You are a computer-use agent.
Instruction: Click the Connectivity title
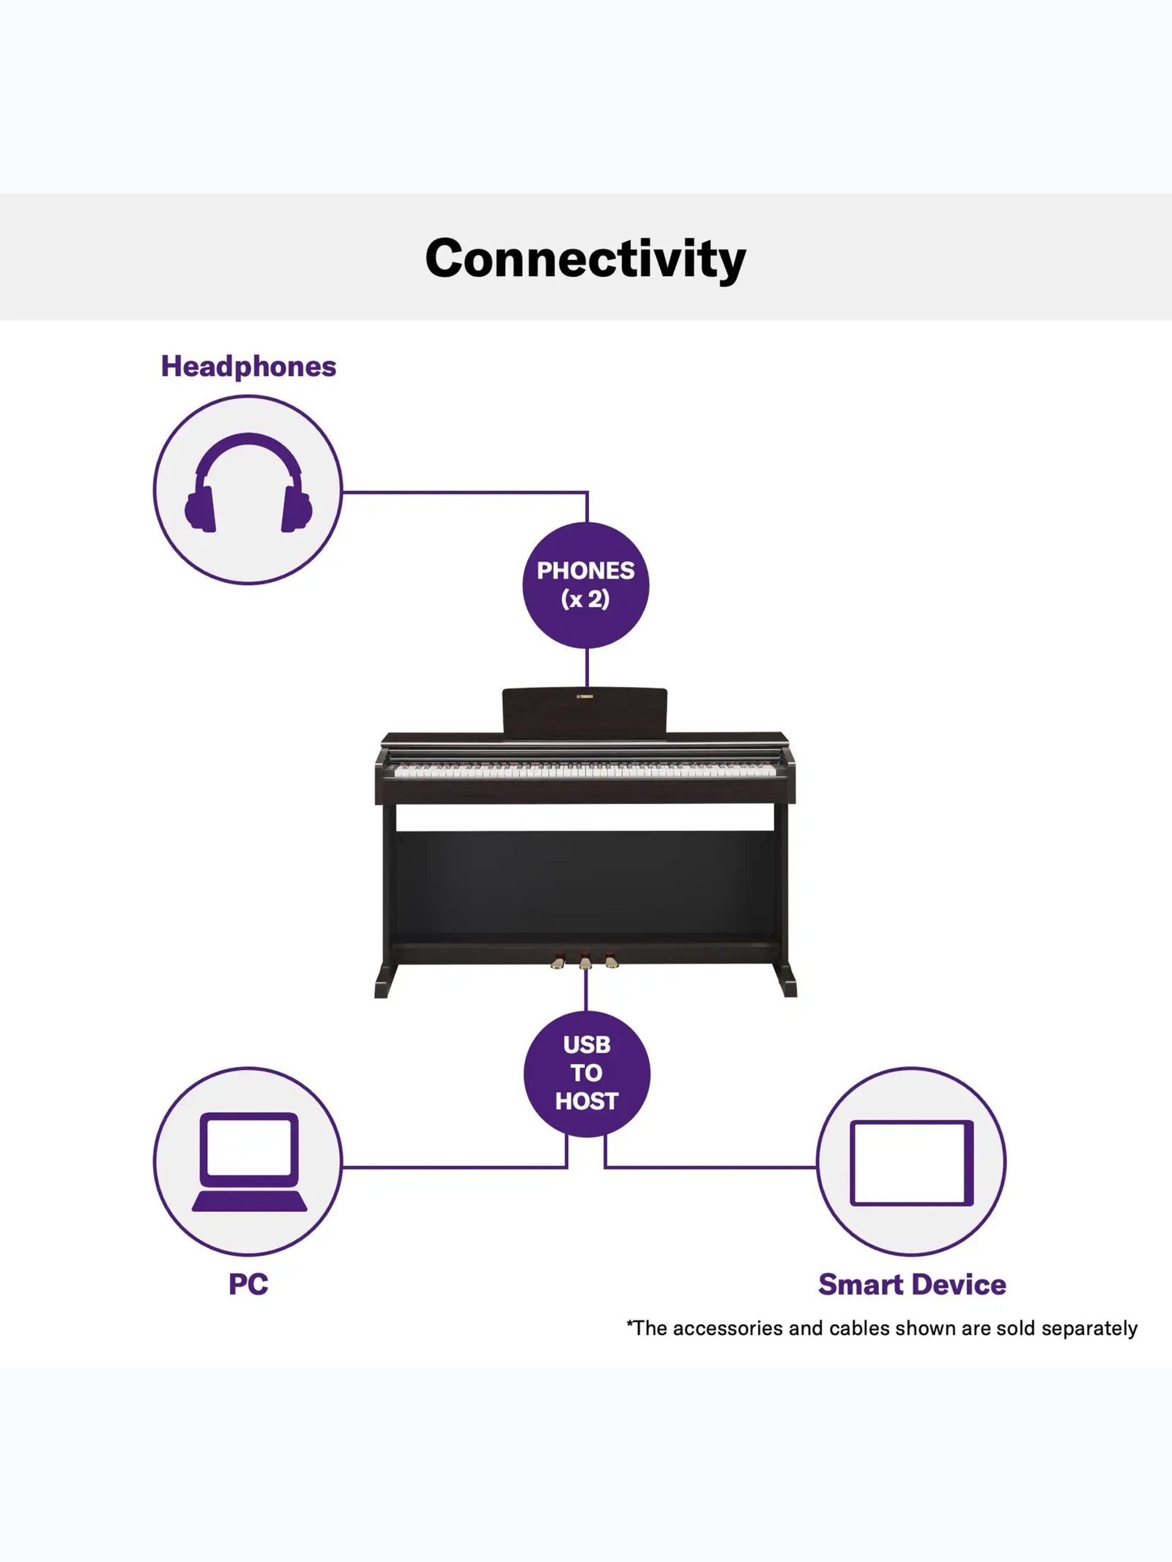(585, 259)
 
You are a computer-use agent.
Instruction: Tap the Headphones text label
(248, 366)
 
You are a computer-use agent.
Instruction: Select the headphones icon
(248, 483)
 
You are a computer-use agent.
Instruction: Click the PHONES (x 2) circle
(586, 585)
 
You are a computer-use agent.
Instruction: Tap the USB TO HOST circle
(587, 1074)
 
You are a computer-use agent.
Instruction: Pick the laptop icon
(249, 1162)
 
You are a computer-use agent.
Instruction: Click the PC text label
(248, 1284)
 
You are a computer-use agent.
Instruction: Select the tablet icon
(912, 1162)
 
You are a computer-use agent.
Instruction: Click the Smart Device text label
(912, 1284)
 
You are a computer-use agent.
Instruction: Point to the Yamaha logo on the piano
(585, 696)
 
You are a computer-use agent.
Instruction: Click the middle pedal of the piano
(585, 962)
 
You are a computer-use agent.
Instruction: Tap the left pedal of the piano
(559, 961)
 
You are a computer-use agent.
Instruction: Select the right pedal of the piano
(612, 961)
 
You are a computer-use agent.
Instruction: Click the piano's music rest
(585, 710)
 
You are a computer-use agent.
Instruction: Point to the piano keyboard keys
(585, 770)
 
